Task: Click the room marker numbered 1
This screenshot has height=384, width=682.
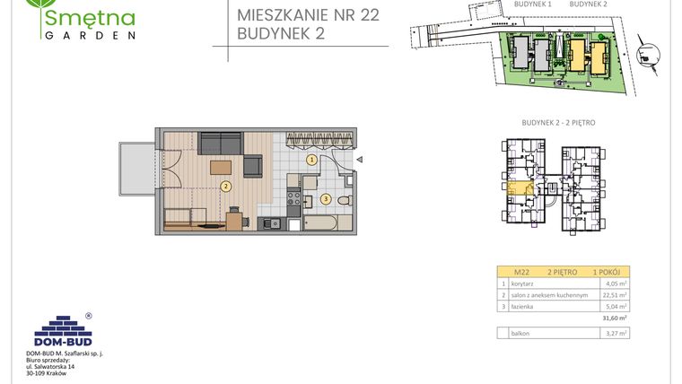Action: click(x=311, y=160)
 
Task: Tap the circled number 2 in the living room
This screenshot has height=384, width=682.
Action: click(x=226, y=187)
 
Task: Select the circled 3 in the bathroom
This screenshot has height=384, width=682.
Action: click(x=326, y=198)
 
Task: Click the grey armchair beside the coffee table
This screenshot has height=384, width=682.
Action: click(x=253, y=166)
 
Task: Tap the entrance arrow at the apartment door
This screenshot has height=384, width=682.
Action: click(x=358, y=160)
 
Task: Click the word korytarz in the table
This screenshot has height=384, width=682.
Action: click(x=522, y=284)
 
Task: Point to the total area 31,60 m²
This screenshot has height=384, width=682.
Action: click(x=615, y=317)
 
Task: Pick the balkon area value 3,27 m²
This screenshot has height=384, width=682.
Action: click(x=616, y=333)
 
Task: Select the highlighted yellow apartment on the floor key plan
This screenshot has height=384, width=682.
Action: click(x=519, y=188)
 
